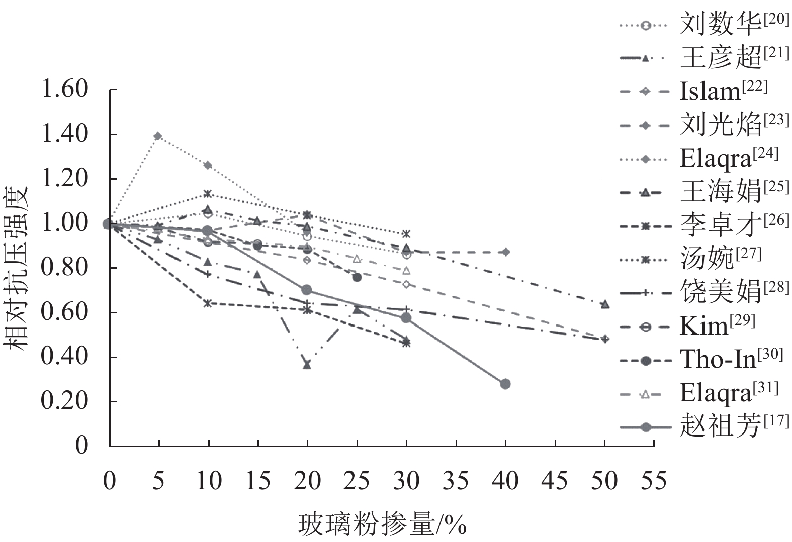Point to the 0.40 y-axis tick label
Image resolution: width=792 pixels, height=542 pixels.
pyautogui.click(x=65, y=357)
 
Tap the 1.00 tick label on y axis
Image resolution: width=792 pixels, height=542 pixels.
pyautogui.click(x=65, y=223)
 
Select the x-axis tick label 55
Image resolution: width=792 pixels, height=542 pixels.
pyautogui.click(x=654, y=481)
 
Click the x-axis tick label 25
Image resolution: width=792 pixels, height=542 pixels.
pyautogui.click(x=357, y=481)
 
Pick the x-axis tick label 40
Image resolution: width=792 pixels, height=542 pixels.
pyautogui.click(x=505, y=481)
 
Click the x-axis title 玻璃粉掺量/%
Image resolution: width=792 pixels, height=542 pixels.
pyautogui.click(x=382, y=525)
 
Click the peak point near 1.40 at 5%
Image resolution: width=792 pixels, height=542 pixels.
pyautogui.click(x=158, y=136)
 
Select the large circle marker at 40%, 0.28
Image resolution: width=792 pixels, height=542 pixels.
pyautogui.click(x=505, y=384)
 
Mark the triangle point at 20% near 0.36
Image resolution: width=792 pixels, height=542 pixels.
pyautogui.click(x=307, y=365)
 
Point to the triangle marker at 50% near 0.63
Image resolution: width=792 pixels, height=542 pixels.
pyautogui.click(x=605, y=304)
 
